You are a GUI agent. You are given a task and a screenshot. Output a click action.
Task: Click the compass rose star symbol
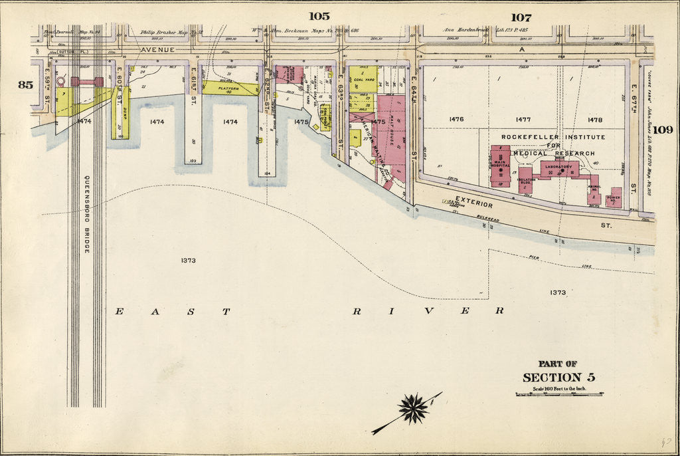coord(413,409)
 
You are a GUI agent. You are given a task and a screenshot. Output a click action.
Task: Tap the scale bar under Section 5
coord(558,394)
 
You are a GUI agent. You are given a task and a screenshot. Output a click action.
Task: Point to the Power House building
coord(614,197)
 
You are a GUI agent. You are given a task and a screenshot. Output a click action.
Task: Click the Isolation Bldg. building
coord(525,180)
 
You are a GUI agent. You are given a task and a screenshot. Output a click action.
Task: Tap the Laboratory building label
coord(558,166)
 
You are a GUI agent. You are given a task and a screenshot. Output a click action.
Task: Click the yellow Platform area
coord(229,88)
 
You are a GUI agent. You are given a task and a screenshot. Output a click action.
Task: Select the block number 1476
coord(456,120)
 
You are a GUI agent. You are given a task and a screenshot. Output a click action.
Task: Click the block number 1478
coord(594,120)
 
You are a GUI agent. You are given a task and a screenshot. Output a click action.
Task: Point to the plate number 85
coord(25,84)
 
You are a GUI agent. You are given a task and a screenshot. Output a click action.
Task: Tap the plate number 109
coord(662,130)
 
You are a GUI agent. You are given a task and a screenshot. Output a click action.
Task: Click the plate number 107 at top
coord(521,17)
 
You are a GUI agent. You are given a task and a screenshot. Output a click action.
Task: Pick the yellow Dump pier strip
coord(124,113)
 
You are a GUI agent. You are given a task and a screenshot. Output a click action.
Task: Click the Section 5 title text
coord(558,378)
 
